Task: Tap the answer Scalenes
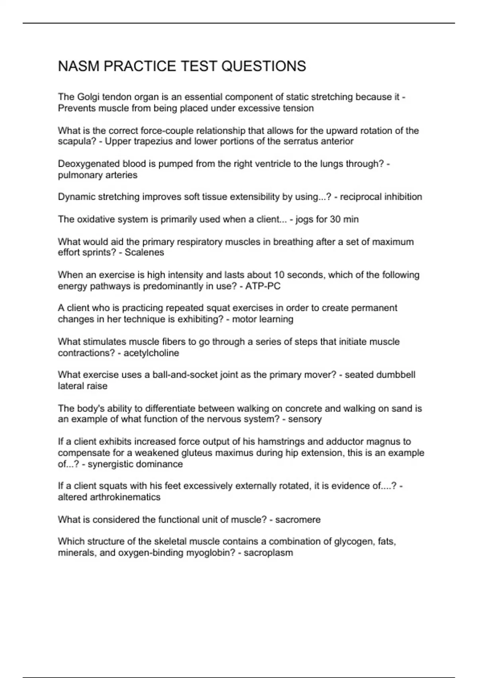(x=144, y=252)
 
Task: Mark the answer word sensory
(x=305, y=419)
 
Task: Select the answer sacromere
(x=298, y=520)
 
